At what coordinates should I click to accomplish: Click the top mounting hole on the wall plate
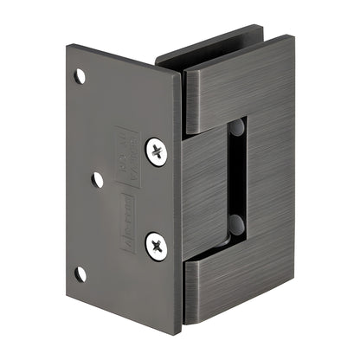80,76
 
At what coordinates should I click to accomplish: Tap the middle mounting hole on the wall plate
98,179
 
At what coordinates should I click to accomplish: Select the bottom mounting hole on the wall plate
80,273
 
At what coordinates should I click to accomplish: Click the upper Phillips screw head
157,151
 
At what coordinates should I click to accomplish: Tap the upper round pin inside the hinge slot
237,129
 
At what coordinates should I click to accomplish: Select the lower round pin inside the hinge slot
236,227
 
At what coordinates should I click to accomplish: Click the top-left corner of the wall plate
67,47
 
